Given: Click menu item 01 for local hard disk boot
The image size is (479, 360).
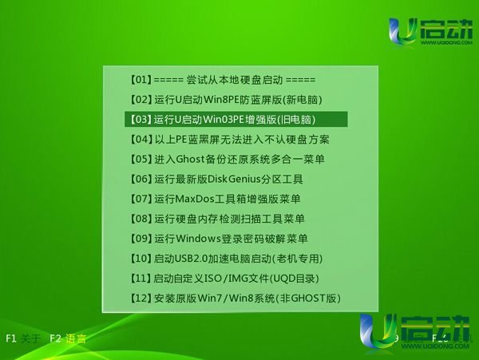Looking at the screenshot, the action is coord(223,80).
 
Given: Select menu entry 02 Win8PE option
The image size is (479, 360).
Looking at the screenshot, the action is coord(226,100).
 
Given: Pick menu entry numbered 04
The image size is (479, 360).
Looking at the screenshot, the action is coord(229,140).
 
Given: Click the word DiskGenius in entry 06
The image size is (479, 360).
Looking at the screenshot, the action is coord(234,179).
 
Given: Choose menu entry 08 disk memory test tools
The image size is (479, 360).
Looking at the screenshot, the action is coord(217,219).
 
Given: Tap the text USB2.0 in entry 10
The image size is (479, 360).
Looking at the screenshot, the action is coord(191,259).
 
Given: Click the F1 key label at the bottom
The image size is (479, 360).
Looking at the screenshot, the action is coord(11,338).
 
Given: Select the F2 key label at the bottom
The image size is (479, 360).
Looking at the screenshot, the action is coord(56,338).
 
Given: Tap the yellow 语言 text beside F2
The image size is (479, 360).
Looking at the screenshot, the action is coord(76,338).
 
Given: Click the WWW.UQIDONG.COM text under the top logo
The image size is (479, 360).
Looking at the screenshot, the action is coord(446,42).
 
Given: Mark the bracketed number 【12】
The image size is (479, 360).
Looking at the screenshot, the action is coord(141,299).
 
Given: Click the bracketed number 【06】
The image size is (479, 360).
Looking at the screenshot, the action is coord(141,179).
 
